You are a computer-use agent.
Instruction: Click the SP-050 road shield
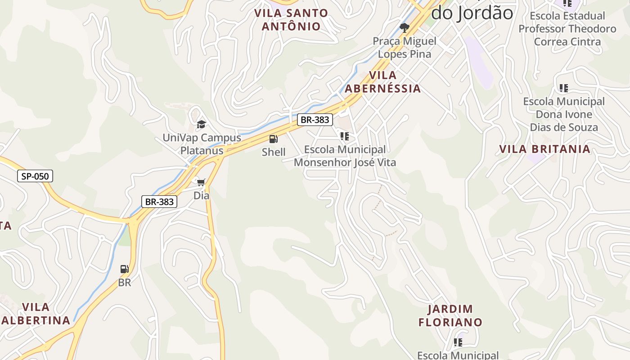(x=35, y=176)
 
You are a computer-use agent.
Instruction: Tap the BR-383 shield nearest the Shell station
(x=315, y=120)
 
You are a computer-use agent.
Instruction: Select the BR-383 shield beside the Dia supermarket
(x=159, y=202)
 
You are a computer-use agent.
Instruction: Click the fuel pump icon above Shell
(x=274, y=139)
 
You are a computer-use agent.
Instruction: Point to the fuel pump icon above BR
(x=125, y=269)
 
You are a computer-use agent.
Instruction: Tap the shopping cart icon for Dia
(x=201, y=182)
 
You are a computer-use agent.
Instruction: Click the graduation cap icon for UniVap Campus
(x=201, y=124)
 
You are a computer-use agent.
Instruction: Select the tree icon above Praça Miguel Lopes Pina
(x=405, y=28)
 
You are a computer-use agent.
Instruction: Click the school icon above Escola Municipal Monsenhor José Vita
(x=345, y=136)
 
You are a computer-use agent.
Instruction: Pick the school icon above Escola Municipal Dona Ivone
(x=564, y=88)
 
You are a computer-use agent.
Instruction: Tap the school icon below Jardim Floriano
(x=458, y=342)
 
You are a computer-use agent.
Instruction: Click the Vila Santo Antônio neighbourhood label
(x=291, y=20)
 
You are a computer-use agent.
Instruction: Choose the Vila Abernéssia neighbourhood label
(x=383, y=82)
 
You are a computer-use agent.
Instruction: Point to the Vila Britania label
(x=545, y=149)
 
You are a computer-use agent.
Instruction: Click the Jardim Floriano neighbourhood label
(x=450, y=315)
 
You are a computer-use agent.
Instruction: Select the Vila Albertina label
(x=36, y=314)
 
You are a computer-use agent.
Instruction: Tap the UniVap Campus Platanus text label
(x=202, y=144)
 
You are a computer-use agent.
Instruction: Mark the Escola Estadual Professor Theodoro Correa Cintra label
(x=567, y=29)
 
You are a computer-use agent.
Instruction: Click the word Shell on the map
(x=274, y=152)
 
